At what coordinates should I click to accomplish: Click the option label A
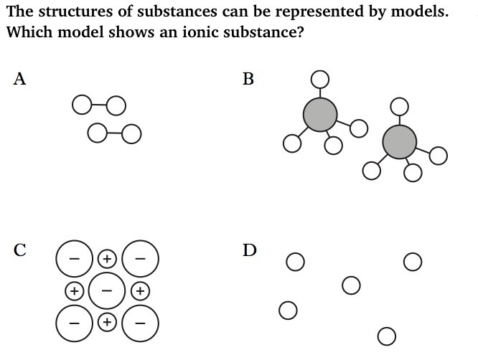pyautogui.click(x=19, y=79)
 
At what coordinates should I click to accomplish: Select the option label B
pyautogui.click(x=248, y=79)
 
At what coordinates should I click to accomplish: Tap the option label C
pyautogui.click(x=20, y=250)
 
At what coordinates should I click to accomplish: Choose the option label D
pyautogui.click(x=249, y=250)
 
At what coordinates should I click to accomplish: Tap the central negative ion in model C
pyautogui.click(x=106, y=290)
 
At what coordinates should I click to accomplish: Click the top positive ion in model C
pyautogui.click(x=106, y=257)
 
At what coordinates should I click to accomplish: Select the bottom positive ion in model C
pyautogui.click(x=106, y=322)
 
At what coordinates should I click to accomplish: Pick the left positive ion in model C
pyautogui.click(x=73, y=290)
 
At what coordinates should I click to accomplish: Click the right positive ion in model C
pyautogui.click(x=141, y=290)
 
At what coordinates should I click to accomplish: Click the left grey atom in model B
pyautogui.click(x=320, y=114)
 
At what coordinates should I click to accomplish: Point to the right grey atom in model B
pyautogui.click(x=399, y=141)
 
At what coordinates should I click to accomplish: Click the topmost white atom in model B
pyautogui.click(x=320, y=77)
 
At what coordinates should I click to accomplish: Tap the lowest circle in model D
pyautogui.click(x=385, y=336)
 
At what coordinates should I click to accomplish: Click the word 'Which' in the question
pyautogui.click(x=29, y=33)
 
